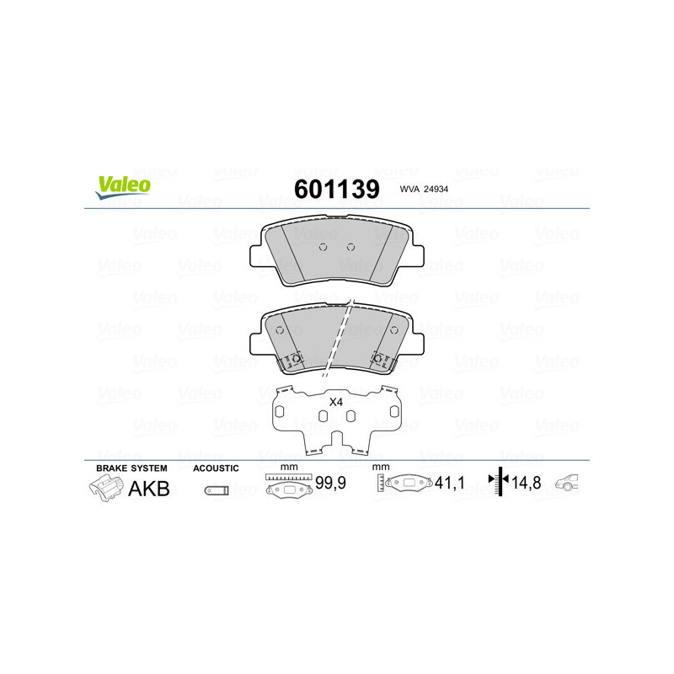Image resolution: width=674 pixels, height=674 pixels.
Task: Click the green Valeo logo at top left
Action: pyautogui.click(x=122, y=187)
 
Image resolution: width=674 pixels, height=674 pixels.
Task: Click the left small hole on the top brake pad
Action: pyautogui.click(x=324, y=247)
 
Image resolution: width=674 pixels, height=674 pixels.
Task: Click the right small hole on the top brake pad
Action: pyautogui.click(x=350, y=247)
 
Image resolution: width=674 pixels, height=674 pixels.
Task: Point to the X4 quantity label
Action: pyautogui.click(x=335, y=403)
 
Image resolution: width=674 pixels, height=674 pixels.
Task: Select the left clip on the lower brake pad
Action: pyautogui.click(x=294, y=360)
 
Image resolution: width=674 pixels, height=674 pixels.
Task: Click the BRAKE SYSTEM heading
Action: pyautogui.click(x=131, y=468)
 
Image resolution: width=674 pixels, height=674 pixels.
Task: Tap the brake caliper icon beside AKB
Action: pyautogui.click(x=104, y=489)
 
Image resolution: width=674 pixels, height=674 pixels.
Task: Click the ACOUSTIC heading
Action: pyautogui.click(x=216, y=468)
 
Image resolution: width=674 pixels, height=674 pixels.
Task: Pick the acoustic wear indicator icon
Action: pyautogui.click(x=216, y=490)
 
